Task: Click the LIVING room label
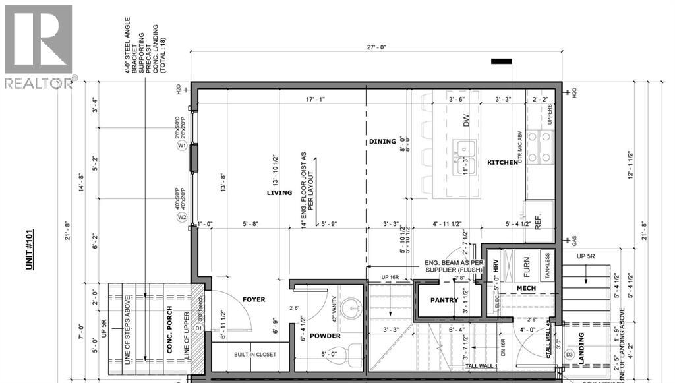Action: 279,193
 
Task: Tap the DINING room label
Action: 382,141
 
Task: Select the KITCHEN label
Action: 502,162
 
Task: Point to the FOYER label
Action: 253,299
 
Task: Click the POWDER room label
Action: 326,336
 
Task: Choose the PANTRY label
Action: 444,300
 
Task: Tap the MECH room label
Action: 525,288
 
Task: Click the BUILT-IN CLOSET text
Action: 255,355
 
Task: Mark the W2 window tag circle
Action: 183,217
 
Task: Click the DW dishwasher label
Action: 466,121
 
